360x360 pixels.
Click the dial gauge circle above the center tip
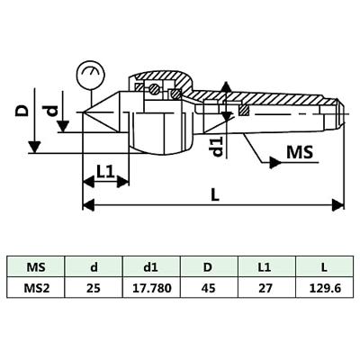(91, 75)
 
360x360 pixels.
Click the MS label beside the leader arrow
(300, 152)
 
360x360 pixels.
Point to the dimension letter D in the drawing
(22, 110)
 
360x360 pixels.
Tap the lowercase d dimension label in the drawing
(52, 112)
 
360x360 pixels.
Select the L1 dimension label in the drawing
(106, 172)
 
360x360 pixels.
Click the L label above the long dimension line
(215, 196)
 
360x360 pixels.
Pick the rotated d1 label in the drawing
(217, 147)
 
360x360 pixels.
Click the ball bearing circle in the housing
(154, 89)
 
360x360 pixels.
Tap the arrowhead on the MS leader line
(275, 163)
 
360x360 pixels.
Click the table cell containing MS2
(36, 288)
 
